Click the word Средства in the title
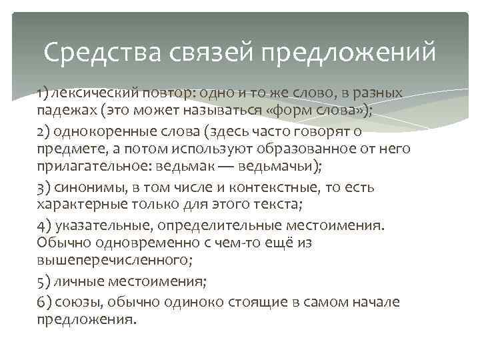[90, 52]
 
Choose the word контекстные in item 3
[255, 187]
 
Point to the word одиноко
[195, 301]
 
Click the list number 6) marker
[44, 301]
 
